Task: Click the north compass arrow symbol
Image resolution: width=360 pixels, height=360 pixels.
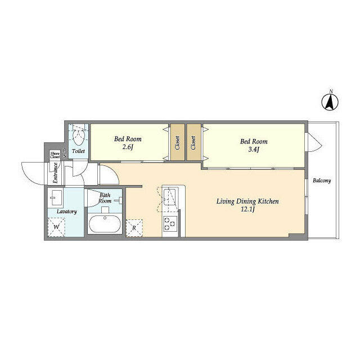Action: (332, 102)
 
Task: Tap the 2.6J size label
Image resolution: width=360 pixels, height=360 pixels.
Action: (128, 148)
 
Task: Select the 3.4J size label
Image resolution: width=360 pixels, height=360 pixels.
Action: (253, 150)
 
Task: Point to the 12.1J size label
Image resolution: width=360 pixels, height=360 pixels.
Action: (248, 210)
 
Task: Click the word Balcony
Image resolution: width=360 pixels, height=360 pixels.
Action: (322, 181)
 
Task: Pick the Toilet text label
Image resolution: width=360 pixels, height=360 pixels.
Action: (78, 151)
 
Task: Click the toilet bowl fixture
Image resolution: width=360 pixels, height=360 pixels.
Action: (78, 135)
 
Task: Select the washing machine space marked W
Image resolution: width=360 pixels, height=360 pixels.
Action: (56, 228)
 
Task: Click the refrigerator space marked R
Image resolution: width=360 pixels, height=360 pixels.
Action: (134, 228)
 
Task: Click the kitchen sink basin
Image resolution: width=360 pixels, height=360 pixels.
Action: (170, 197)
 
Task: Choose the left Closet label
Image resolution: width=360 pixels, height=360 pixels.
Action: (178, 142)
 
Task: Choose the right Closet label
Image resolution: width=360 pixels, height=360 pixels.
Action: (193, 142)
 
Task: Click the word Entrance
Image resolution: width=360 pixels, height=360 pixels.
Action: (56, 173)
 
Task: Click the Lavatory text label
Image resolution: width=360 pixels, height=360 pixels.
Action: (67, 211)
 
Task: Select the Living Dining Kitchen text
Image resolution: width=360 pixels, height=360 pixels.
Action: (248, 201)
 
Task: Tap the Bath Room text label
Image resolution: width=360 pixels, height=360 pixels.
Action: (105, 198)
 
